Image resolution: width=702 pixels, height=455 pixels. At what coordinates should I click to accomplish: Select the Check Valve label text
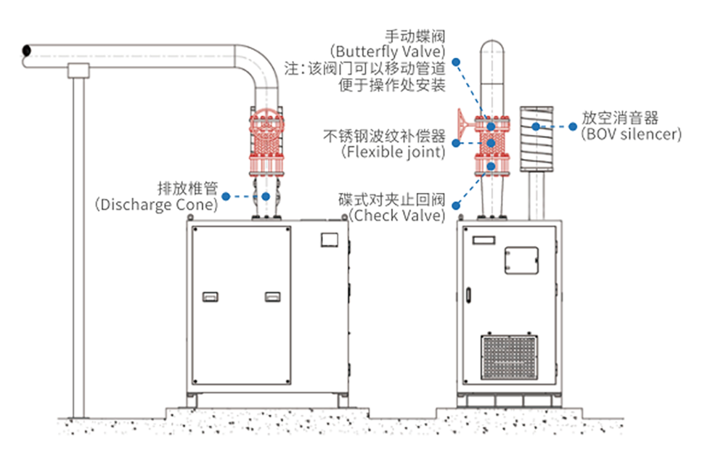(396, 216)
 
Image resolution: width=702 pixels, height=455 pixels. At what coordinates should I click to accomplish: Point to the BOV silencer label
(631, 134)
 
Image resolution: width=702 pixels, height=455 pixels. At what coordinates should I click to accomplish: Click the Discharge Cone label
(156, 205)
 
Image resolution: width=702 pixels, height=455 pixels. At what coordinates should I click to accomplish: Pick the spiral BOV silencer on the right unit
(536, 137)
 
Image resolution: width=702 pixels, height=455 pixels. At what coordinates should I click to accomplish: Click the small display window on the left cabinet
(330, 239)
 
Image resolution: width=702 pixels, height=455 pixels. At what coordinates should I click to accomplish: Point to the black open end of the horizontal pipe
(26, 51)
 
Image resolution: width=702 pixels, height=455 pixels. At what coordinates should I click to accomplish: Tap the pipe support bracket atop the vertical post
(78, 70)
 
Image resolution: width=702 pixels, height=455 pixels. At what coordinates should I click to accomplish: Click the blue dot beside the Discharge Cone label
(227, 196)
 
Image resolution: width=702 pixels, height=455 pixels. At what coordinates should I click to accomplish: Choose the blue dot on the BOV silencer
(536, 126)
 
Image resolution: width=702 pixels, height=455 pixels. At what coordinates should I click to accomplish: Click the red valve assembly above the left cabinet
(266, 145)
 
